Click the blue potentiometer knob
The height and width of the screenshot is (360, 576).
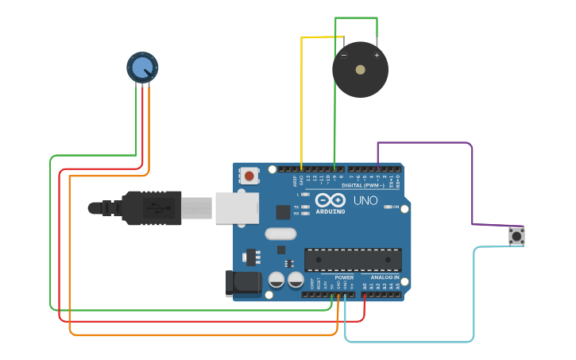pyautogui.click(x=142, y=68)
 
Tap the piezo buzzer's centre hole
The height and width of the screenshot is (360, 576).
pyautogui.click(x=360, y=70)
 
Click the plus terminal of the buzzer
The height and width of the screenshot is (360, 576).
pyautogui.click(x=377, y=55)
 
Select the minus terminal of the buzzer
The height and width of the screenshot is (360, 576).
pyautogui.click(x=344, y=55)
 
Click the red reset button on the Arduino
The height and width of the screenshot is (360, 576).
pyautogui.click(x=249, y=176)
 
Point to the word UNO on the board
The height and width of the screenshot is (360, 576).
pyautogui.click(x=365, y=200)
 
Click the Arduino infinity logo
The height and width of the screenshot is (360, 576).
pyautogui.click(x=330, y=200)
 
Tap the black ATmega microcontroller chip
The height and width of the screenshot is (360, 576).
pyautogui.click(x=353, y=260)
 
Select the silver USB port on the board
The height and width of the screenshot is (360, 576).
pyautogui.click(x=238, y=207)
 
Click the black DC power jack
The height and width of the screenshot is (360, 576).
pyautogui.click(x=242, y=283)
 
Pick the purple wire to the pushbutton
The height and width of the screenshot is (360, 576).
pyautogui.click(x=472, y=183)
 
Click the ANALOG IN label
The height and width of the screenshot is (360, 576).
pyautogui.click(x=385, y=277)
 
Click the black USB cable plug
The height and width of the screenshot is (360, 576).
pyautogui.click(x=147, y=208)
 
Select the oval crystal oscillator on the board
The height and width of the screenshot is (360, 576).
pyautogui.click(x=280, y=234)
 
